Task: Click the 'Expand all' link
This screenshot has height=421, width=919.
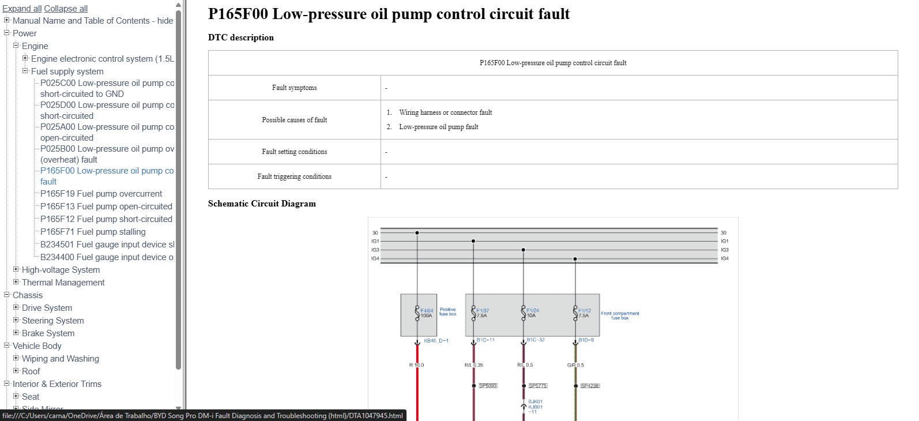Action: tap(22, 9)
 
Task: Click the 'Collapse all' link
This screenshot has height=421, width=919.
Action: tap(66, 9)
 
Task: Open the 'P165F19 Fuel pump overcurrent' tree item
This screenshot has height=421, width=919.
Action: tap(101, 194)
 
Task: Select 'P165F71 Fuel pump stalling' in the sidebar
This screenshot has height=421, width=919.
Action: tap(93, 232)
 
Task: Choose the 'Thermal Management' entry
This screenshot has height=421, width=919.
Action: tap(63, 283)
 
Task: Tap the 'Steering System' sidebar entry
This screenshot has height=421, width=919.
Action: tap(53, 321)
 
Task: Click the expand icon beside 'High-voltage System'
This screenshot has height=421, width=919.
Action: tap(16, 269)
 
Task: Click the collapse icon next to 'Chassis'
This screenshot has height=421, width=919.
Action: tap(7, 295)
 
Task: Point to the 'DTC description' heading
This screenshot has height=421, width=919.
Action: tap(241, 37)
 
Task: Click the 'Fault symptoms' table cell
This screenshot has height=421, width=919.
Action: tap(295, 88)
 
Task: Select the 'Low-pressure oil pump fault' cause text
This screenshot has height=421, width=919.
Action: tap(439, 127)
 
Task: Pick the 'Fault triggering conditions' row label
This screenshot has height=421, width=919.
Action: tap(295, 176)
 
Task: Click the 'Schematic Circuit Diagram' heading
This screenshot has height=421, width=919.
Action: tap(262, 204)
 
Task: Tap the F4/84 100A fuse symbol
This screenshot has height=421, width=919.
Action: tap(417, 313)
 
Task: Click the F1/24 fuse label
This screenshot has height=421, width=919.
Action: tap(533, 310)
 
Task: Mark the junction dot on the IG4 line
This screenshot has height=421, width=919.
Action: tap(575, 259)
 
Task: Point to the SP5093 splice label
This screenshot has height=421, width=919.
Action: tap(488, 386)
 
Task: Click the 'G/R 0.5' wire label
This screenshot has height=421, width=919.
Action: tap(575, 365)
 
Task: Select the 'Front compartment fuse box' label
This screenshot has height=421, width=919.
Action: tap(620, 315)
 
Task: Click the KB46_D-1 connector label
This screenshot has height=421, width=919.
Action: tap(436, 341)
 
